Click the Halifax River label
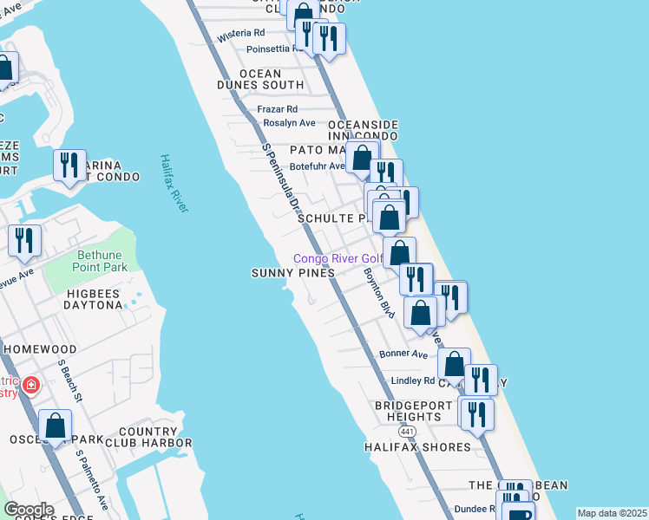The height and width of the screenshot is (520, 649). pyautogui.click(x=174, y=183)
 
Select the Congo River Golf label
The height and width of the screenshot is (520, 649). pyautogui.click(x=338, y=258)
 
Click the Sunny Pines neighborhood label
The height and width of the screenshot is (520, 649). pyautogui.click(x=293, y=273)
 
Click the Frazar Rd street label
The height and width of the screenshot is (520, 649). pyautogui.click(x=277, y=109)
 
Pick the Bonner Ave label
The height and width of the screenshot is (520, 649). pyautogui.click(x=403, y=354)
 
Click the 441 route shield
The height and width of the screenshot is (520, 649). pyautogui.click(x=407, y=431)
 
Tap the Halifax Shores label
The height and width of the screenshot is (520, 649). pyautogui.click(x=423, y=447)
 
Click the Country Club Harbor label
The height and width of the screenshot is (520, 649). pyautogui.click(x=143, y=437)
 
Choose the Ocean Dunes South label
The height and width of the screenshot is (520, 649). pyautogui.click(x=260, y=80)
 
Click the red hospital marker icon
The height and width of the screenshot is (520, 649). pyautogui.click(x=30, y=384)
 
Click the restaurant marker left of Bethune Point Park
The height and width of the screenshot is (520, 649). pyautogui.click(x=24, y=239)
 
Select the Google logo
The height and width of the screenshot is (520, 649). pyautogui.click(x=28, y=510)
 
